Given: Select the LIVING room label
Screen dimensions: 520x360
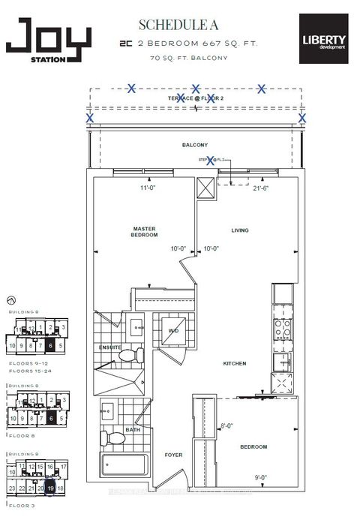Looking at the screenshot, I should pyautogui.click(x=240, y=230).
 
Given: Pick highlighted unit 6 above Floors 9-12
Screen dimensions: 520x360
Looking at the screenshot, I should pyautogui.click(x=50, y=345).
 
